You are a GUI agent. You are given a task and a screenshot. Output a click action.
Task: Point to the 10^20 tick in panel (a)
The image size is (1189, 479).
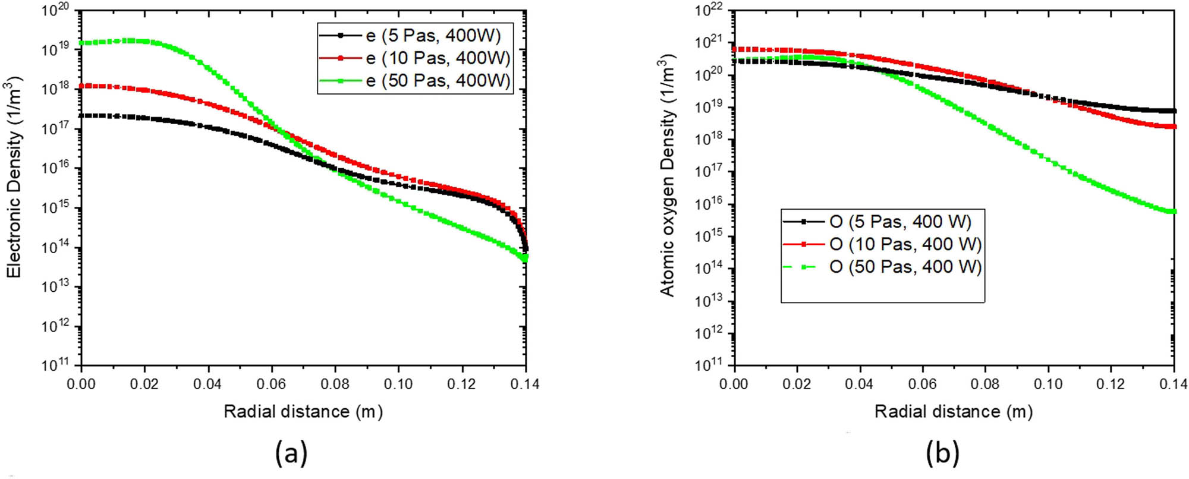click(55, 11)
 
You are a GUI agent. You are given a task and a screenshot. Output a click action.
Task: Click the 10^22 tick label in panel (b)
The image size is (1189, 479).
click(709, 11)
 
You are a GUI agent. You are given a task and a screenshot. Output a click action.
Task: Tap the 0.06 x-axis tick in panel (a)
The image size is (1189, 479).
click(271, 384)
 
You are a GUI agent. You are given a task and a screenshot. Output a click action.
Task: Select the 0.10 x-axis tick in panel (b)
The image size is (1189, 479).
click(1048, 384)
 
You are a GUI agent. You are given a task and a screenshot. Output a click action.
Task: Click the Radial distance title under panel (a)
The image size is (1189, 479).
click(303, 411)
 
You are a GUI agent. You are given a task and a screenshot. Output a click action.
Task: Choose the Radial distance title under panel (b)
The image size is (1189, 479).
click(954, 411)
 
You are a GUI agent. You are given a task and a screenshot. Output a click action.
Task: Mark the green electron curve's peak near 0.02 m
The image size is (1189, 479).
click(130, 40)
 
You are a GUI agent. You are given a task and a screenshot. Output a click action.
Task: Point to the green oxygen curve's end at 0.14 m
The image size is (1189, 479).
click(1173, 212)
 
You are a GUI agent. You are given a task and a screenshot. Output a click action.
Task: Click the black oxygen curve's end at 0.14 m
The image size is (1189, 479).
click(1173, 111)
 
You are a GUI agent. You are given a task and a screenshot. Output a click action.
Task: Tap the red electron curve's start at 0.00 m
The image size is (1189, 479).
click(83, 86)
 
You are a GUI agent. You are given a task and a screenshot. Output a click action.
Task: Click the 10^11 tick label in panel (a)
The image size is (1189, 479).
click(55, 364)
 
